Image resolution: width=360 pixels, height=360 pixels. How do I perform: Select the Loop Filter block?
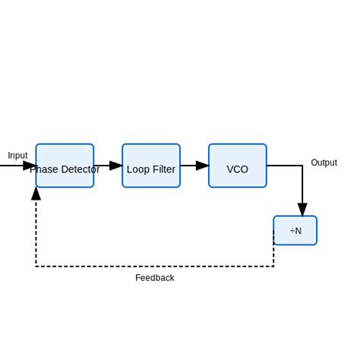tap(151, 166)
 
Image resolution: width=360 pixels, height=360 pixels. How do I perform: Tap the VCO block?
tap(238, 166)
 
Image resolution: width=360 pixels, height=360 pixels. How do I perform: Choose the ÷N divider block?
tap(295, 231)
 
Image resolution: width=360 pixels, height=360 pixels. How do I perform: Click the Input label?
tap(17, 156)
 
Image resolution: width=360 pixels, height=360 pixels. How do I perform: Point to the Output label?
tap(324, 163)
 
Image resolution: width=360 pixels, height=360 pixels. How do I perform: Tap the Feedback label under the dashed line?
tap(155, 278)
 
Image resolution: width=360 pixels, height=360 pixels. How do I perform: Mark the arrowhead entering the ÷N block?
tap(302, 210)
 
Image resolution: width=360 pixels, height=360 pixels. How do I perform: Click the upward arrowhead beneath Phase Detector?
tap(36, 194)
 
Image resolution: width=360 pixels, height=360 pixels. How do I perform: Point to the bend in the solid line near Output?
tap(302, 166)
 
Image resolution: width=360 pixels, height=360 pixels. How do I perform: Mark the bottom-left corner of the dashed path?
tap(36, 266)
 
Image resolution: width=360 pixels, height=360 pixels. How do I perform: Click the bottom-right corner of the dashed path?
tap(273, 266)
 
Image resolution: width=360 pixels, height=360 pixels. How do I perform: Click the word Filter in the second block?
tap(163, 169)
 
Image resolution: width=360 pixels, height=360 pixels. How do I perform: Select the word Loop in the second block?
tap(137, 169)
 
